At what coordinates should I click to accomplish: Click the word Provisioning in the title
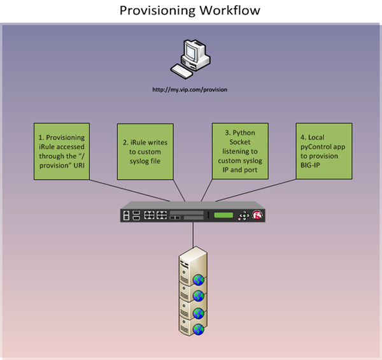point(156,11)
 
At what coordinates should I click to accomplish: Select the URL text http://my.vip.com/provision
point(189,90)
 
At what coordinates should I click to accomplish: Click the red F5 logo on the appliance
point(258,215)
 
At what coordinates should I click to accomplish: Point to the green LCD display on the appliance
point(223,215)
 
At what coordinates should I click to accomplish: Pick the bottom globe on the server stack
point(199,329)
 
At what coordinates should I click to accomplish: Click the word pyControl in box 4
point(315,147)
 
